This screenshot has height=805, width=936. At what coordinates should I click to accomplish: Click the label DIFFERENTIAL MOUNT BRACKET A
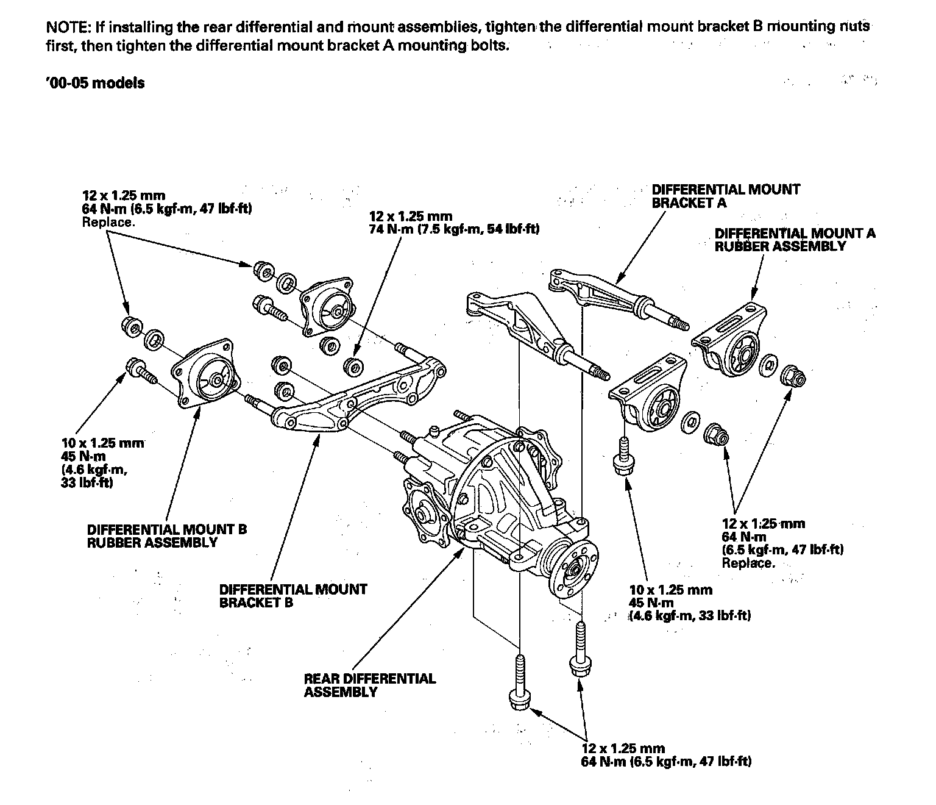click(725, 196)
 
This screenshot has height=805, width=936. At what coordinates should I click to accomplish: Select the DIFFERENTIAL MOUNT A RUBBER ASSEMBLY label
click(795, 240)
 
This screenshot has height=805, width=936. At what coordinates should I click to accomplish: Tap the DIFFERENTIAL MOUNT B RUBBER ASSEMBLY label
click(166, 536)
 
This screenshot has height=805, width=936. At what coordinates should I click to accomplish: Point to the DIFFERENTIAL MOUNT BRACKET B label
click(292, 596)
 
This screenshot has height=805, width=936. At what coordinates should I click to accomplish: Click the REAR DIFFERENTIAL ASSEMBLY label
click(369, 685)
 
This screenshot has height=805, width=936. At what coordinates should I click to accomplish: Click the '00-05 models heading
click(95, 84)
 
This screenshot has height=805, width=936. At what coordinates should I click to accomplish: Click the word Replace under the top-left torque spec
click(107, 222)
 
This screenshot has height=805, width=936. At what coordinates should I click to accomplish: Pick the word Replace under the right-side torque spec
click(748, 563)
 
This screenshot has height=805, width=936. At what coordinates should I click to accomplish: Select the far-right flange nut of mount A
click(793, 375)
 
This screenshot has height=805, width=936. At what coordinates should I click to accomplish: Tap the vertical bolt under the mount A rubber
click(623, 457)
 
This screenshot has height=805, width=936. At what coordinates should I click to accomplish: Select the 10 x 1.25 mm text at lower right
click(670, 590)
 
